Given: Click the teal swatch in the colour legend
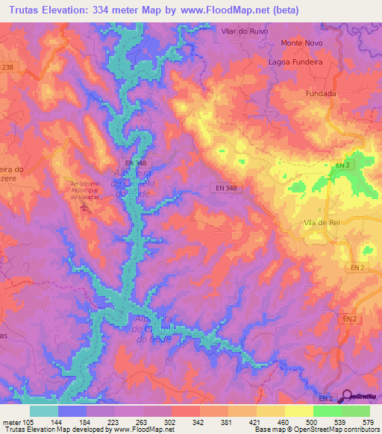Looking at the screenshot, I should coord(43,411).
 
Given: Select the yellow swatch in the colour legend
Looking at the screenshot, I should coord(298,411).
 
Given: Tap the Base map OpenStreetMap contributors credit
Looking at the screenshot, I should coord(323,429).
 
